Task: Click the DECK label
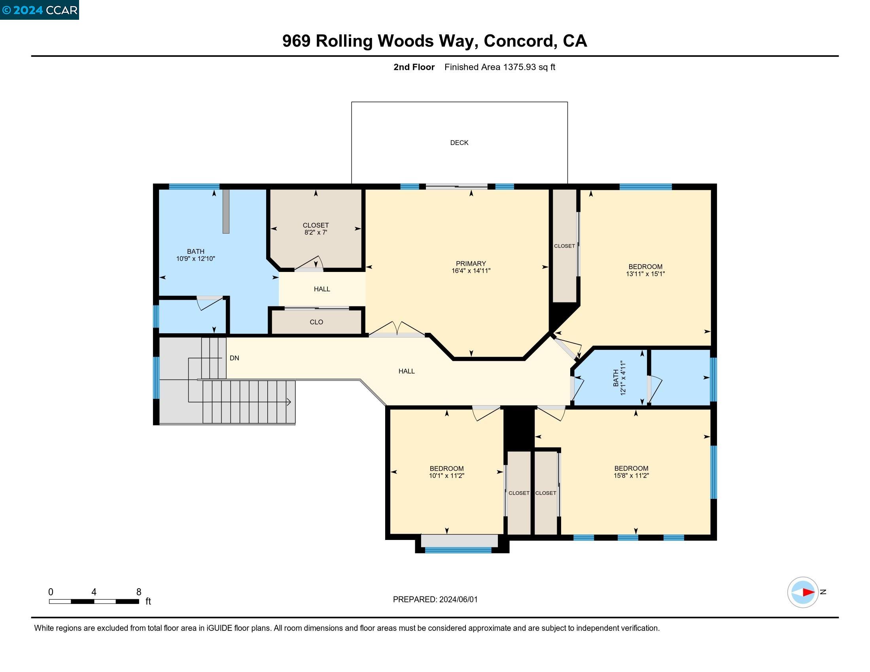(x=459, y=143)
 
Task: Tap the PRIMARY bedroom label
(x=471, y=264)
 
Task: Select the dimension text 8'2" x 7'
(x=316, y=232)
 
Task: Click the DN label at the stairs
(x=234, y=358)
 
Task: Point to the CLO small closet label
(x=316, y=322)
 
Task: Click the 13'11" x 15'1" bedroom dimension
(x=645, y=274)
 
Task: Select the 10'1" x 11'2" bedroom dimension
(x=446, y=476)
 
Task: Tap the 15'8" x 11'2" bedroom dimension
(x=631, y=476)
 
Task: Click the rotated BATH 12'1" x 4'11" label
(x=619, y=378)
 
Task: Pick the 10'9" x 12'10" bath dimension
(x=196, y=259)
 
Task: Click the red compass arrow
(x=808, y=593)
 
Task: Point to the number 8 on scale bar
(x=139, y=592)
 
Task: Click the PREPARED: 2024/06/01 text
(x=435, y=600)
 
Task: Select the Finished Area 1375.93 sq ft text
(x=499, y=67)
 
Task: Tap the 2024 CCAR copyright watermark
(x=40, y=10)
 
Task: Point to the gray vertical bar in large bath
(x=226, y=211)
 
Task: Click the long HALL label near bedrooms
(x=406, y=371)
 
